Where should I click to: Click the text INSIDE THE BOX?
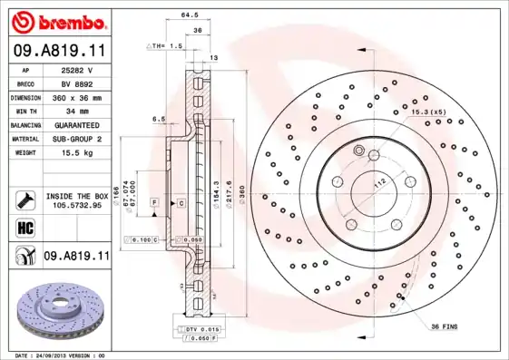click(x=76, y=196)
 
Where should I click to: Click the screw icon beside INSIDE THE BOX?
click(x=24, y=200)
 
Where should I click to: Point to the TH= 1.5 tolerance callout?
click(x=165, y=44)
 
